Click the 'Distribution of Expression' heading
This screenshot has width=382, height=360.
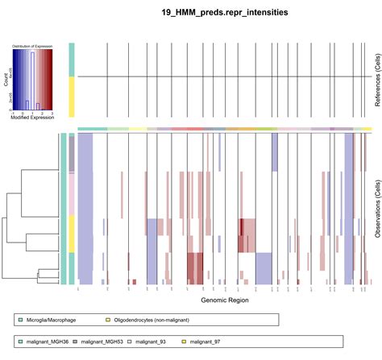(32, 48)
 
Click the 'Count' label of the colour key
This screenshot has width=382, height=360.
(6, 81)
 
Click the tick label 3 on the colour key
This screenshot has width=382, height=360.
(52, 114)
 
